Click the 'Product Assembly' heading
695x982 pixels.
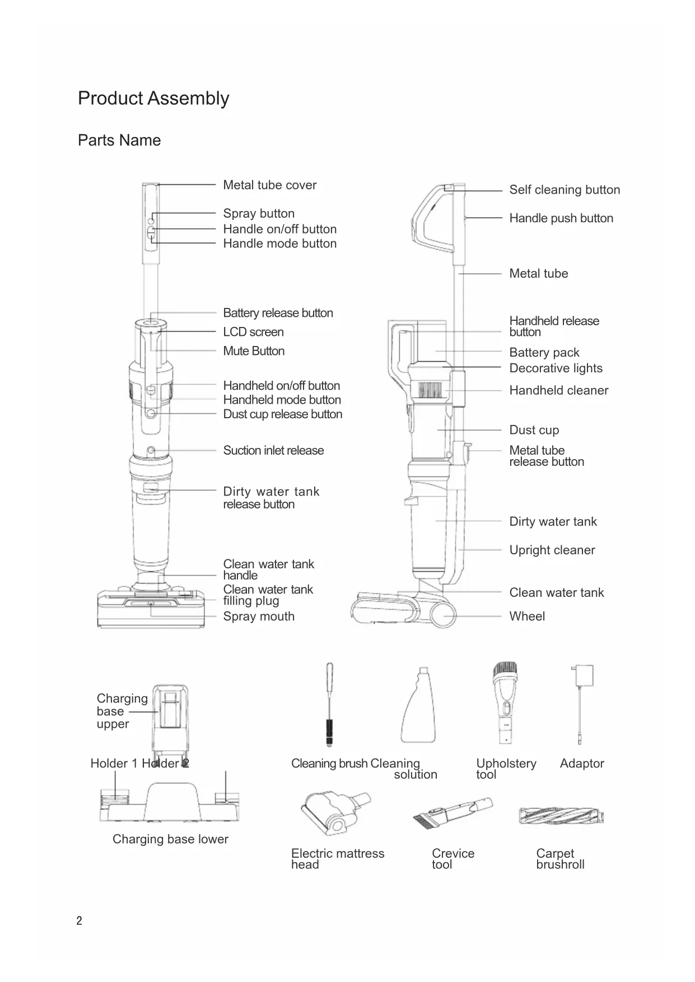pyautogui.click(x=153, y=99)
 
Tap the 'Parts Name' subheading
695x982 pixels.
pyautogui.click(x=119, y=141)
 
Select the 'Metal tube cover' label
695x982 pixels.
pyautogui.click(x=269, y=185)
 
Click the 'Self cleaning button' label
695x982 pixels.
pyautogui.click(x=565, y=190)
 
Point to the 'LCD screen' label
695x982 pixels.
pyautogui.click(x=253, y=332)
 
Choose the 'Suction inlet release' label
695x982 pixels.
pyautogui.click(x=273, y=451)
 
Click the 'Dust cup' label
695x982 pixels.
pyautogui.click(x=534, y=430)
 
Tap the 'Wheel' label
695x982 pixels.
pyautogui.click(x=527, y=616)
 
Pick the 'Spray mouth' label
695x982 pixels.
pyautogui.click(x=259, y=616)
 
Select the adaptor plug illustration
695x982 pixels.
pyautogui.click(x=582, y=703)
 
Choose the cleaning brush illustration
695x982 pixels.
pyautogui.click(x=329, y=704)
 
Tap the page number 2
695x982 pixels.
pyautogui.click(x=79, y=921)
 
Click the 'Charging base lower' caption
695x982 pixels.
pyautogui.click(x=170, y=839)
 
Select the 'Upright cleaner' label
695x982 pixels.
pyautogui.click(x=552, y=550)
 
